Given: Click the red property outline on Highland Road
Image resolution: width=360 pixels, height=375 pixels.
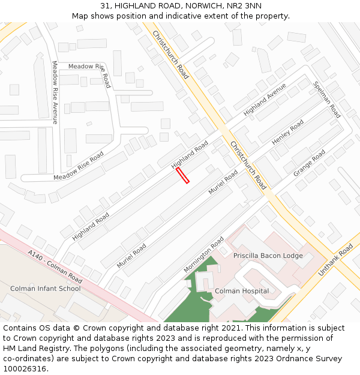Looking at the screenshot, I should click(182, 175).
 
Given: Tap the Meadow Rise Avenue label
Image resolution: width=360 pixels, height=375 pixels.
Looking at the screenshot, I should click(54, 92).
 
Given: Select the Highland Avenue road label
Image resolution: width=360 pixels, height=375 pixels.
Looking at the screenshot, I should click(265, 99).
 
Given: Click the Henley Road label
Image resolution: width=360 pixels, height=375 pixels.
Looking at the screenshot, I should click(288, 133).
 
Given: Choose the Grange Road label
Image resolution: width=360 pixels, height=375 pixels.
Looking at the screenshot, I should click(309, 163).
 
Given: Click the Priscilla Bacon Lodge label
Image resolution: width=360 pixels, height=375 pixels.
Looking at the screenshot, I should click(268, 256).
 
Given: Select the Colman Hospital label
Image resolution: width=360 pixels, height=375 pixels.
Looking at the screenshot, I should click(242, 291).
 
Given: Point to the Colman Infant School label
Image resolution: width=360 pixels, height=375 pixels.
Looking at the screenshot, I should click(45, 289).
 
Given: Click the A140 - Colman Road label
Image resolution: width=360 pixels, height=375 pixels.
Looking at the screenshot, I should click(55, 267).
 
